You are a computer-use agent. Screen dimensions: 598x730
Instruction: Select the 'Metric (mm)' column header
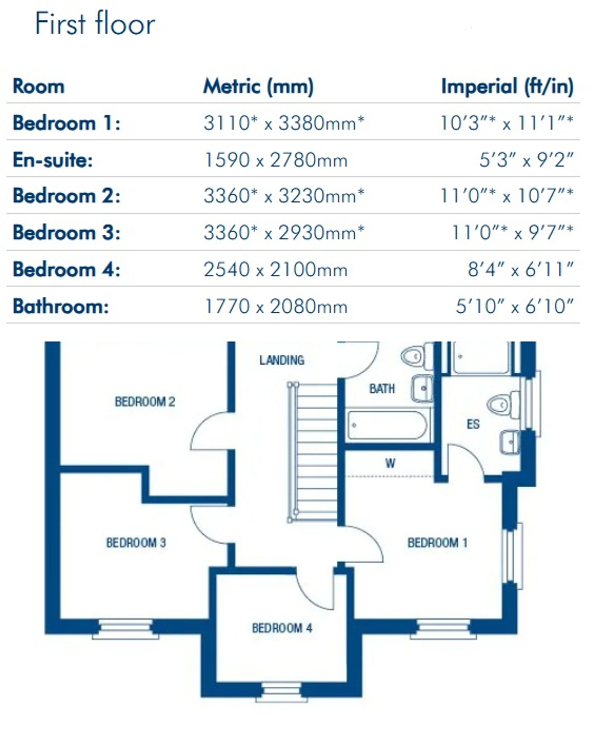click(x=258, y=86)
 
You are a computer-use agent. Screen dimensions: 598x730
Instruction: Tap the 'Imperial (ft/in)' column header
click(x=507, y=86)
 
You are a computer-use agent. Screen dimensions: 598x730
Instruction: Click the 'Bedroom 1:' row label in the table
click(x=66, y=123)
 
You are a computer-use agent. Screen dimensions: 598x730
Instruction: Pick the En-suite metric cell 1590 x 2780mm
click(x=276, y=160)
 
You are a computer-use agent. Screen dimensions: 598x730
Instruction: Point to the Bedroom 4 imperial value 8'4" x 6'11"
click(x=521, y=270)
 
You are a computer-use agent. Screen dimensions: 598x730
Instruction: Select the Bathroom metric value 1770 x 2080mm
click(x=276, y=306)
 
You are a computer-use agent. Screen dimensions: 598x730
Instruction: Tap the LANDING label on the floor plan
click(x=282, y=360)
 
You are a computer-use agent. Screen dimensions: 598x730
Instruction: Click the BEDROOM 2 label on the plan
click(x=145, y=401)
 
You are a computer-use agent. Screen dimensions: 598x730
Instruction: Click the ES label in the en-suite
click(x=473, y=424)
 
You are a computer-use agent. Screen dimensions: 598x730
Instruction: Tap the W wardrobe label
click(x=390, y=463)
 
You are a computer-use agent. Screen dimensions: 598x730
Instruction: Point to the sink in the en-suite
click(x=509, y=442)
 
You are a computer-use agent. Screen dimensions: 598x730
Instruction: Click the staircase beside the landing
click(x=313, y=452)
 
